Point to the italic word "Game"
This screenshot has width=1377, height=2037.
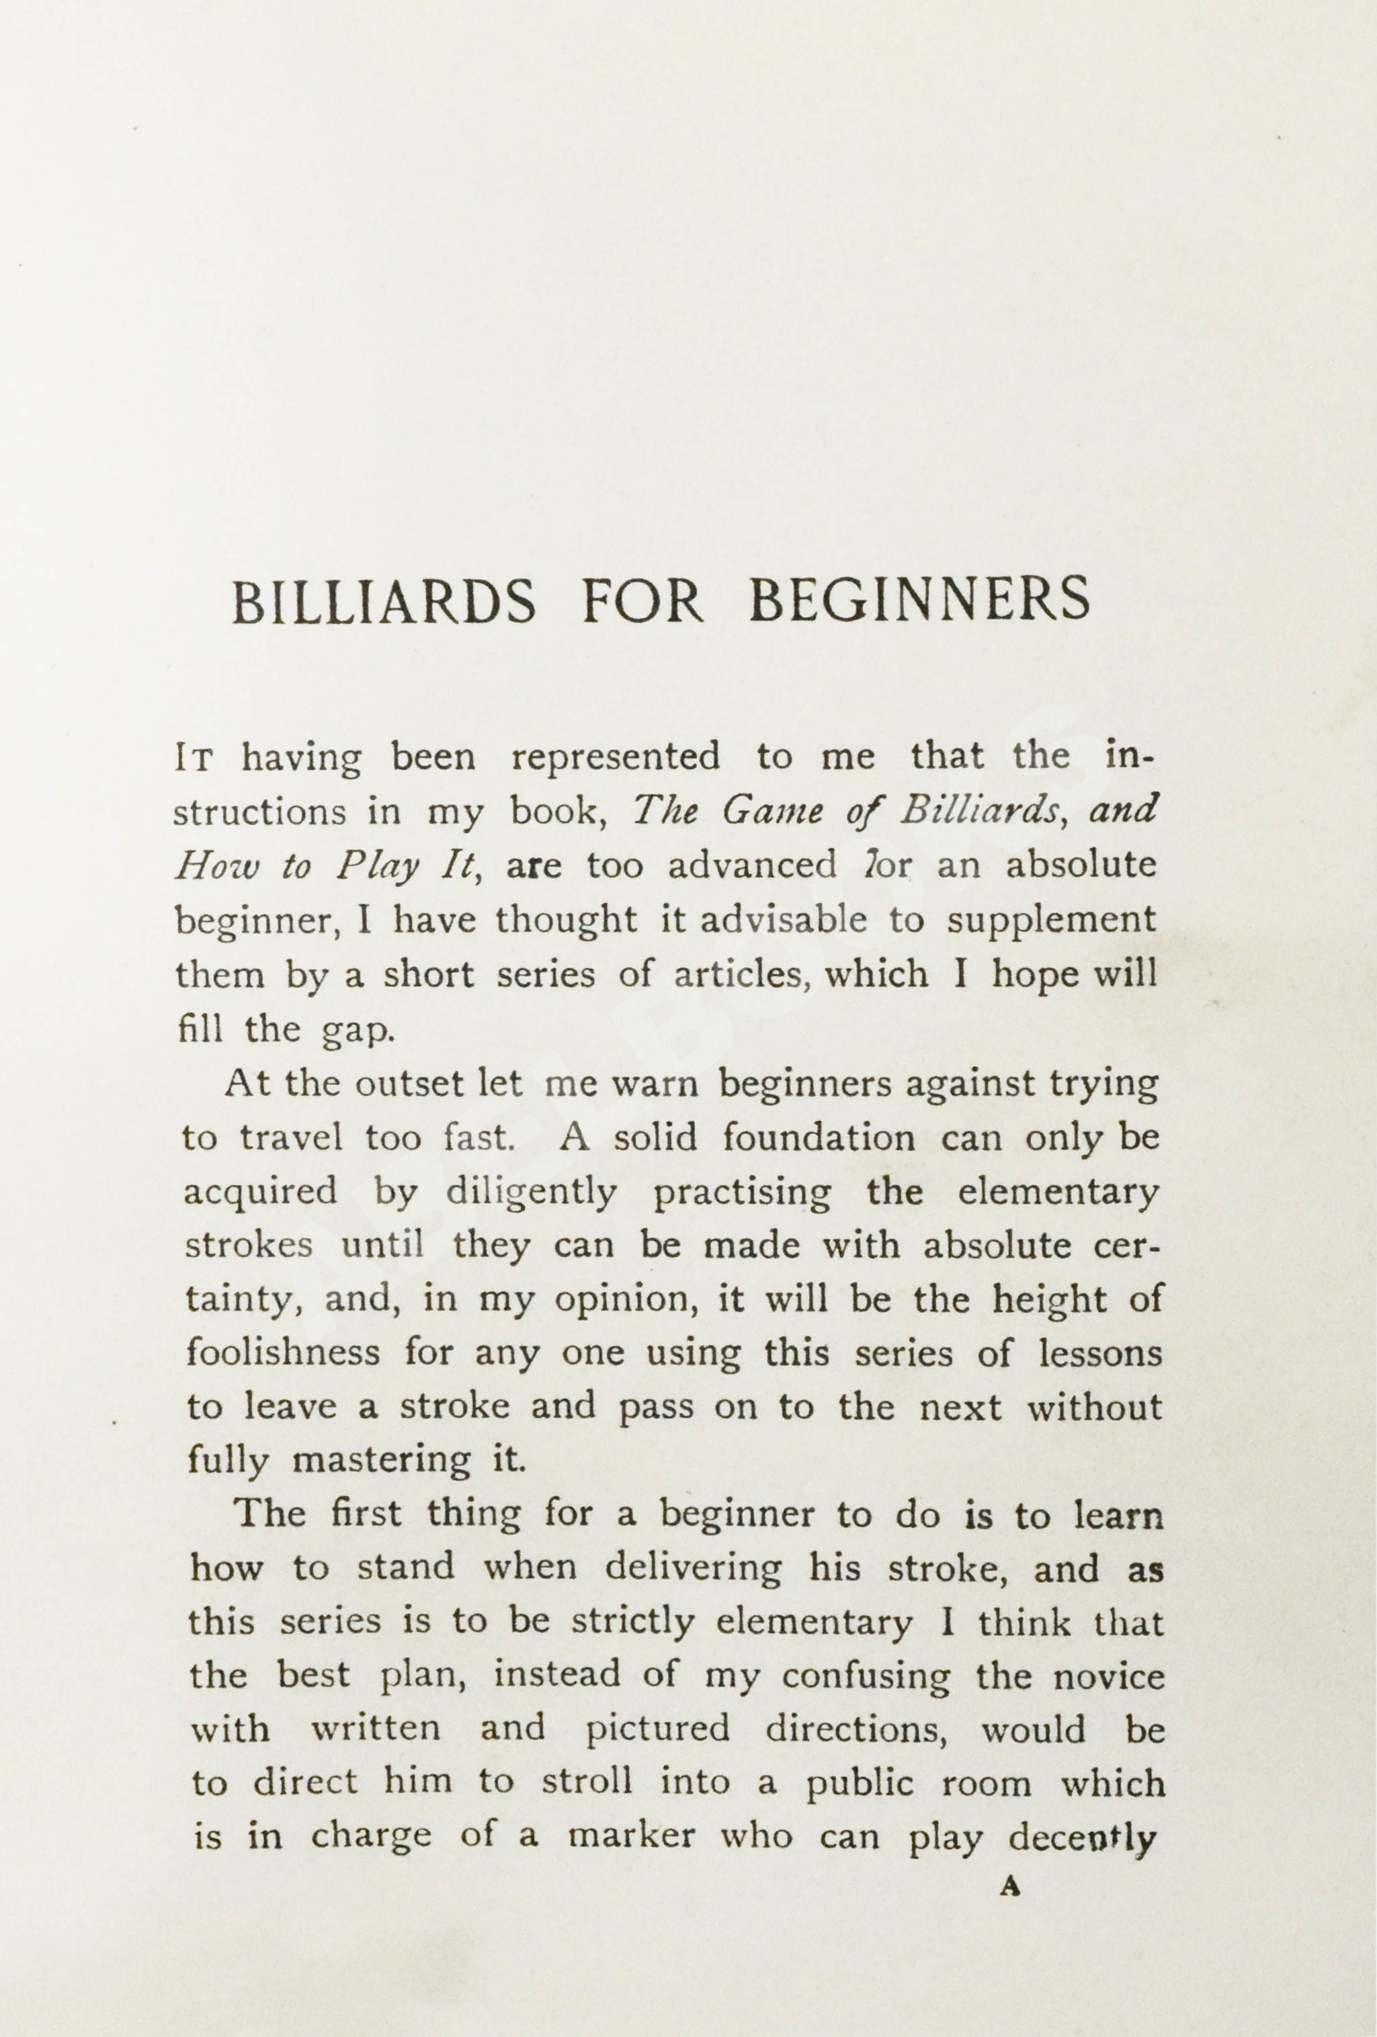[769, 812]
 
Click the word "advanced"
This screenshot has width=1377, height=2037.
[751, 866]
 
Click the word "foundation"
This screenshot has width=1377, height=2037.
[819, 1139]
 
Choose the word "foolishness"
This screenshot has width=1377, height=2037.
[283, 1352]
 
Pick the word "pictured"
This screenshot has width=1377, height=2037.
[657, 1729]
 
